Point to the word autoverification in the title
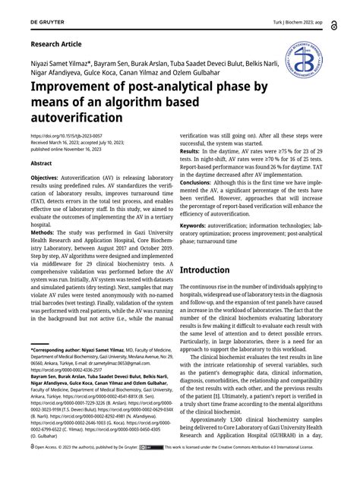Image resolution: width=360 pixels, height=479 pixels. (x=75, y=118)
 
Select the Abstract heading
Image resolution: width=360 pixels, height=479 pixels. (x=41, y=162)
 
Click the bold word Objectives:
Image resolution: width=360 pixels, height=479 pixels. (x=49, y=176)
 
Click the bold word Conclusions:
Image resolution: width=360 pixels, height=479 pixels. (x=201, y=183)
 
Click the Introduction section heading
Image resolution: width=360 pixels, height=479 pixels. (x=215, y=269)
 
